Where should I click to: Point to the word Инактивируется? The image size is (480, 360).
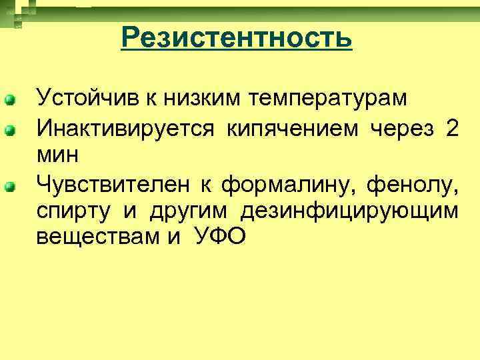(x=125, y=128)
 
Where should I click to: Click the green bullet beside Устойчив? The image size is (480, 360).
(x=10, y=101)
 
